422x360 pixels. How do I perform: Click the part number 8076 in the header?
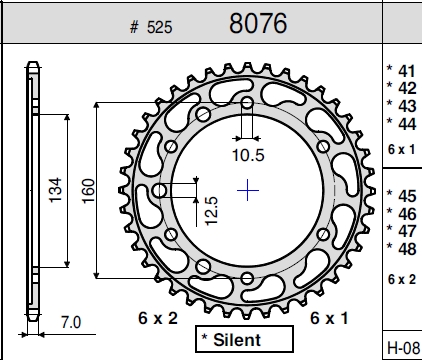[258, 23]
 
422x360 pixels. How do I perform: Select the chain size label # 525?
[151, 27]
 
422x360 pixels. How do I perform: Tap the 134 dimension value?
[55, 190]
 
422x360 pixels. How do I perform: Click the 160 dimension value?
[88, 191]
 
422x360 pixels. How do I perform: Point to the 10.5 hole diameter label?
[248, 155]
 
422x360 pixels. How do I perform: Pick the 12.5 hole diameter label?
[211, 211]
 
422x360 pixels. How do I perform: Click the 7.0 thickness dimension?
[71, 322]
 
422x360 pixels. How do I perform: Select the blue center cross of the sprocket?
[248, 190]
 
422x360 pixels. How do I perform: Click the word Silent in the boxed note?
[237, 340]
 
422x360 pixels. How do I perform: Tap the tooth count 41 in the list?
[407, 71]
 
